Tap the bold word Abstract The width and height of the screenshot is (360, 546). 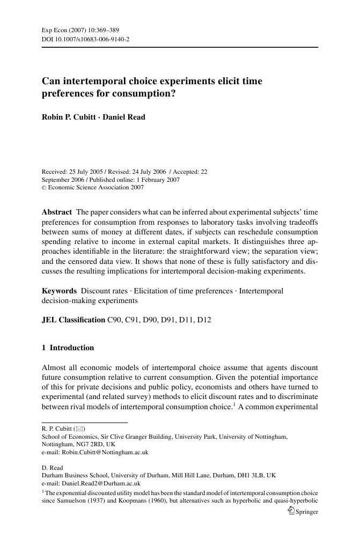click(x=57, y=212)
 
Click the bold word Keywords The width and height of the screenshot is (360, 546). click(x=59, y=291)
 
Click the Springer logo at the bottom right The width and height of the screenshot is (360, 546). click(x=303, y=511)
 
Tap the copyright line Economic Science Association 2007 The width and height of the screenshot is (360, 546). click(x=95, y=188)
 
